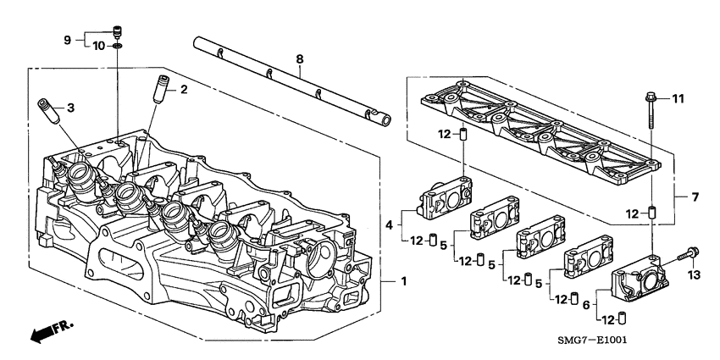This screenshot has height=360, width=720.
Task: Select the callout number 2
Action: (183, 89)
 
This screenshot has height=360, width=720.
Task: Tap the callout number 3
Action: (71, 108)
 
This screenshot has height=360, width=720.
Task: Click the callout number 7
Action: (695, 197)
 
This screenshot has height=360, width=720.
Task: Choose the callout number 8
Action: (298, 60)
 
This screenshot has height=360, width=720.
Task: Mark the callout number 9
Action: (69, 38)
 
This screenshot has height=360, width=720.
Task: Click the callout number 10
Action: (97, 45)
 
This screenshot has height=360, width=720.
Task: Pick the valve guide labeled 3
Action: (47, 111)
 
